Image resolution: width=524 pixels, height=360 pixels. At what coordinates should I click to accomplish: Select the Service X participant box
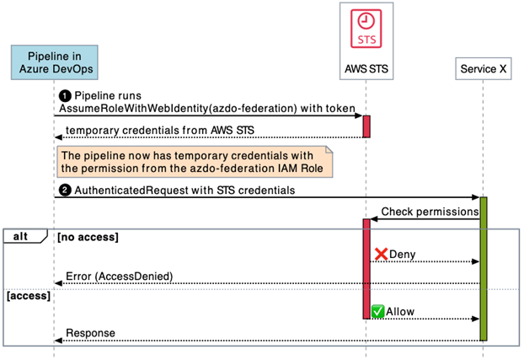click(484, 69)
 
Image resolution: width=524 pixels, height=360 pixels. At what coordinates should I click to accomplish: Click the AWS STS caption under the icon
click(366, 68)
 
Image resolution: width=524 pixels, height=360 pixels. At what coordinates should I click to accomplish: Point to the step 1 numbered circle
click(64, 96)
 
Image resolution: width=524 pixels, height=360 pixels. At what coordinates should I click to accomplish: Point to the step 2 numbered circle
click(64, 191)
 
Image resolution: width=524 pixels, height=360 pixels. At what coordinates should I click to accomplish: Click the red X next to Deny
click(381, 254)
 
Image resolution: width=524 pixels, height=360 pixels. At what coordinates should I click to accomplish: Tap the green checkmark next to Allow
click(378, 312)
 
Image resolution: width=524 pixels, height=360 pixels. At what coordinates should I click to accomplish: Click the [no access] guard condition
click(88, 238)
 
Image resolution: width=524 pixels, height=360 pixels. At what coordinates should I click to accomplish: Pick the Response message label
click(90, 333)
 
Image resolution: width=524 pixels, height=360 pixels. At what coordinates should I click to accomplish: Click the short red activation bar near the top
click(366, 126)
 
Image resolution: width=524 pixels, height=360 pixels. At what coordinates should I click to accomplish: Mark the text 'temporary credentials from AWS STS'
click(160, 130)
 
